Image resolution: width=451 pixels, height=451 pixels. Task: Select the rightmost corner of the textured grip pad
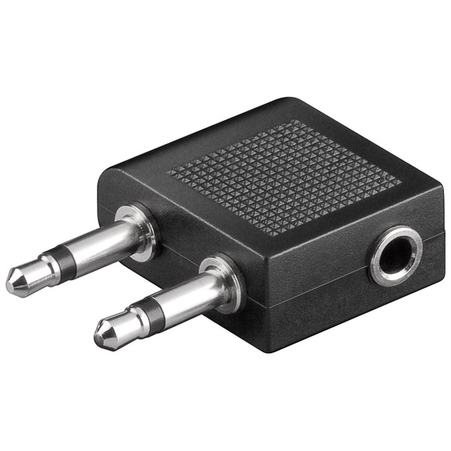[x=401, y=182]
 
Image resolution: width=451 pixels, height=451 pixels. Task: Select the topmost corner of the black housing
[x=285, y=99]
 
